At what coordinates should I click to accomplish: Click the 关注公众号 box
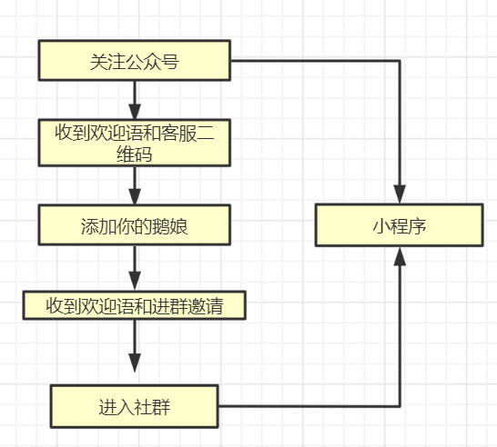tap(134, 61)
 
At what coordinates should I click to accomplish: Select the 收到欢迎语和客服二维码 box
tap(134, 143)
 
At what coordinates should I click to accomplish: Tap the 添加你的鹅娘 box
tap(134, 224)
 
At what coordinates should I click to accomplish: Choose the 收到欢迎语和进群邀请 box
tap(134, 306)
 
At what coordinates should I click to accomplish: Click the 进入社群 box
tap(134, 406)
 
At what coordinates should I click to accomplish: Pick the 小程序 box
tap(399, 225)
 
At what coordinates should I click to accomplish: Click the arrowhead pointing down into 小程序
tap(399, 194)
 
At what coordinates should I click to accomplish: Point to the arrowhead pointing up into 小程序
tap(399, 257)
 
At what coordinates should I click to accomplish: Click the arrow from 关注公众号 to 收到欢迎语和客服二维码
tap(135, 94)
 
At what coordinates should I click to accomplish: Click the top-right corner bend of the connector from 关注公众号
tap(399, 61)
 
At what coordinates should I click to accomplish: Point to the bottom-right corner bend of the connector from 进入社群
tap(399, 406)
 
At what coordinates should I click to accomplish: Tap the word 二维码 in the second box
tap(134, 154)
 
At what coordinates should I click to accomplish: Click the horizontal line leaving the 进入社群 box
tap(309, 406)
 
